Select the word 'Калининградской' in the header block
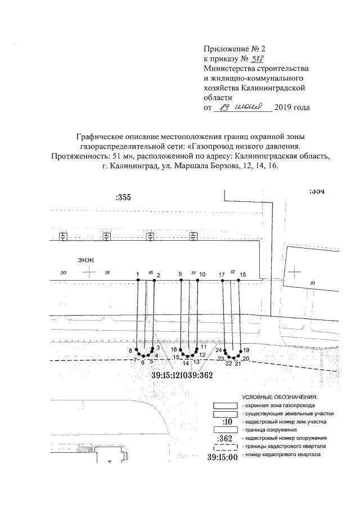pos(273,87)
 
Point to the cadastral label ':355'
pos(123,197)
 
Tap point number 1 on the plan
pos(138,274)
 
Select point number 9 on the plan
pos(180,274)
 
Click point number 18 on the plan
pos(242,274)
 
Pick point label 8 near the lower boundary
pos(130,351)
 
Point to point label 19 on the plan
pos(246,350)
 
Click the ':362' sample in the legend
pos(227,438)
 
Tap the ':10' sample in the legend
pos(227,421)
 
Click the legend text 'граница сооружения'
pos(264,429)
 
